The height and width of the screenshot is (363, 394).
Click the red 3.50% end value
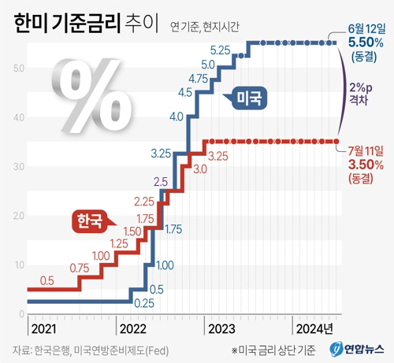coord(365,164)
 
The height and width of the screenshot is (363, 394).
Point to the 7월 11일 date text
coord(365,150)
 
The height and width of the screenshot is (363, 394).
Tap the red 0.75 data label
coord(80,269)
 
